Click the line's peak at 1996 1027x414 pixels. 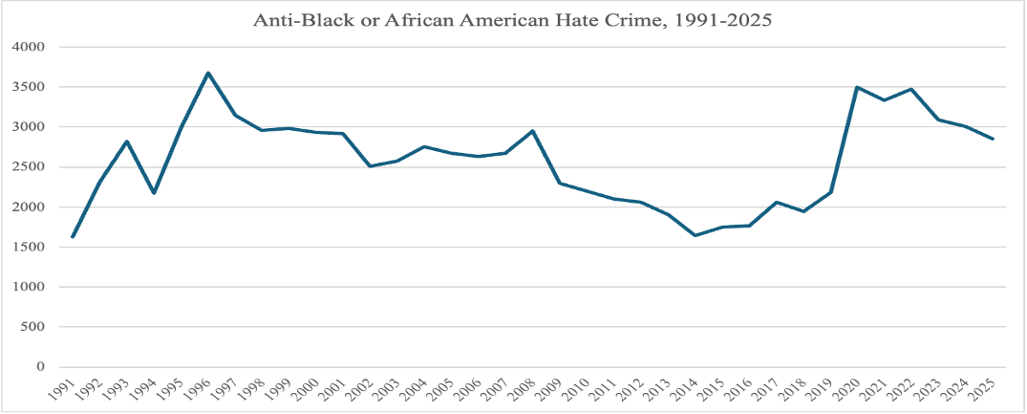[x=208, y=73]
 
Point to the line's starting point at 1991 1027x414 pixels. [x=74, y=236]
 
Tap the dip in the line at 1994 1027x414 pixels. [x=155, y=193]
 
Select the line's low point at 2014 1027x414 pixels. [x=695, y=235]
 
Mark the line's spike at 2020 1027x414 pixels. [x=857, y=87]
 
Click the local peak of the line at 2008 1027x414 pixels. [x=533, y=131]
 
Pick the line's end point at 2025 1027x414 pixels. [x=993, y=139]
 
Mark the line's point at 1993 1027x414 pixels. [x=127, y=142]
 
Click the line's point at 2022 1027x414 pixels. [x=911, y=89]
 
